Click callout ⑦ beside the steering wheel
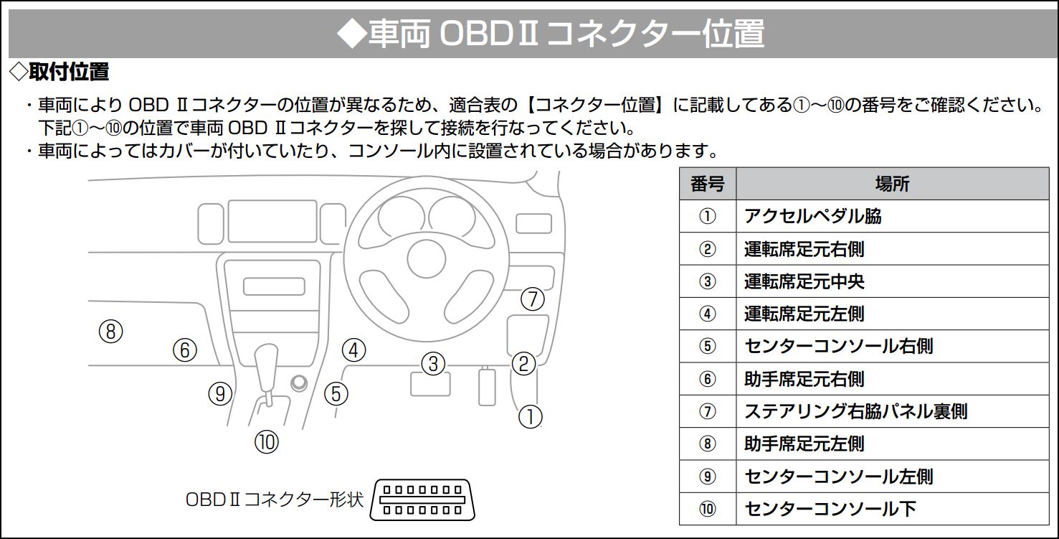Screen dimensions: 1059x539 (533, 299)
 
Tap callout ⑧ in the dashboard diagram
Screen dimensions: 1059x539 (110, 332)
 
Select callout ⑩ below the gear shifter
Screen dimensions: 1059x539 (267, 442)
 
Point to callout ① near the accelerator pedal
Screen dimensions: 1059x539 (531, 417)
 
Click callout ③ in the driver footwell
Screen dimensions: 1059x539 (434, 364)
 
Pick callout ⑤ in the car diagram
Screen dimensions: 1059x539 (336, 394)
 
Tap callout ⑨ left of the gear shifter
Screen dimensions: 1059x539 (220, 394)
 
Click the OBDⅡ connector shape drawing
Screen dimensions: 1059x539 (422, 500)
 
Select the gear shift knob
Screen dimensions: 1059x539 (267, 367)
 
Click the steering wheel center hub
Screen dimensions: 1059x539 (427, 259)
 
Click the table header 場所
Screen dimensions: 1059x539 (892, 184)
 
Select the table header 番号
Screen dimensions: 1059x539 (707, 184)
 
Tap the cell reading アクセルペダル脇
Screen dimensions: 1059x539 (812, 216)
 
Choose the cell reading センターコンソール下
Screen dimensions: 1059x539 (830, 509)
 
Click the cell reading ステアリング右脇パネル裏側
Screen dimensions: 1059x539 (855, 411)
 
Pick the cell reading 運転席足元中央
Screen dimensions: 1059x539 (804, 281)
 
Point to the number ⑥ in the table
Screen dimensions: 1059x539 (707, 379)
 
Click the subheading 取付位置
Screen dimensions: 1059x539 (69, 72)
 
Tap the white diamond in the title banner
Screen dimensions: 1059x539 (352, 34)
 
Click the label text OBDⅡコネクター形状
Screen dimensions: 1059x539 (275, 500)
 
